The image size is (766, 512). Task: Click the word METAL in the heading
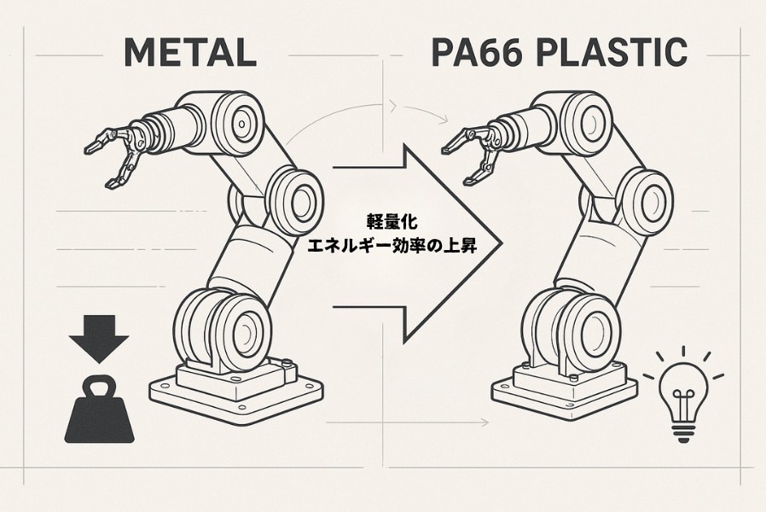tap(190, 53)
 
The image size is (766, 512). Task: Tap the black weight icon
tap(99, 413)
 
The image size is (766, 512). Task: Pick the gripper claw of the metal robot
tap(115, 154)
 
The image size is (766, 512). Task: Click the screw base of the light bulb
tap(682, 430)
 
